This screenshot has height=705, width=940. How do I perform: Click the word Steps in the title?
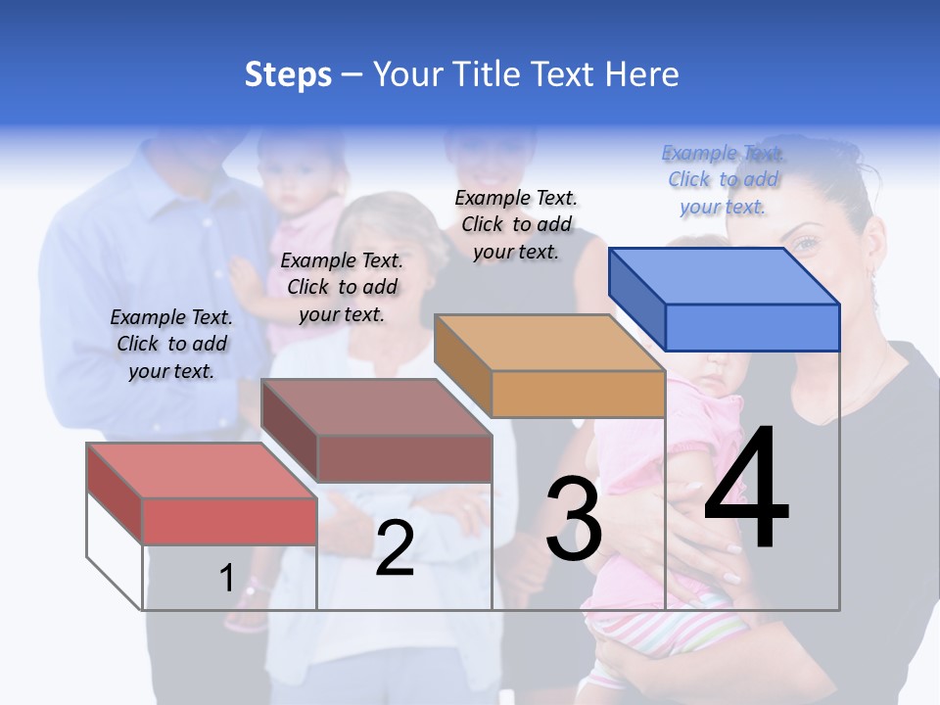pos(288,75)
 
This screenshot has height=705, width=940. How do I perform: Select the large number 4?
pos(746,490)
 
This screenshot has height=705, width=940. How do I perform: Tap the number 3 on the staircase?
pos(574,520)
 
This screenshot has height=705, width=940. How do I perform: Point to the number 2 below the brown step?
pos(395,548)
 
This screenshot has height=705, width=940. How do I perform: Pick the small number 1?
pos(226,578)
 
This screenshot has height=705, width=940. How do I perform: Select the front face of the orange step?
pos(578,395)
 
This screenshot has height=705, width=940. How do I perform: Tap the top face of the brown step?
pos(376,407)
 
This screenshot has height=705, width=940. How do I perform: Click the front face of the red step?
pos(229,521)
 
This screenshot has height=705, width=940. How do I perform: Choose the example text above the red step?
pos(171,344)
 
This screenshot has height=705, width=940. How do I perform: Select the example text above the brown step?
pos(342,287)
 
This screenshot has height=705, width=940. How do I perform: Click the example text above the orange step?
pos(516,224)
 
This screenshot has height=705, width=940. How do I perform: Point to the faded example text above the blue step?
pos(724,179)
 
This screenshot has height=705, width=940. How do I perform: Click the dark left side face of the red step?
pos(115,493)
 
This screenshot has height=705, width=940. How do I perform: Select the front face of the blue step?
pos(752,327)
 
